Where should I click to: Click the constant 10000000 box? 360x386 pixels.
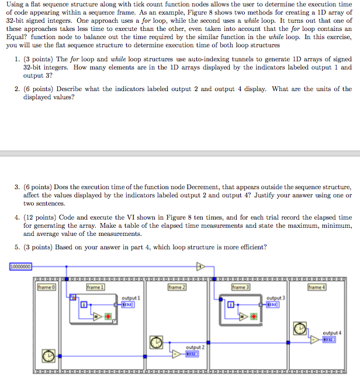20,267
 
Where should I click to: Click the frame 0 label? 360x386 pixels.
46,287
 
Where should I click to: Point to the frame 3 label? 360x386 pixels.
239,287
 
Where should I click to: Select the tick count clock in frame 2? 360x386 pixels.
157,342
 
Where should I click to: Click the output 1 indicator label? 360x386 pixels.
130,298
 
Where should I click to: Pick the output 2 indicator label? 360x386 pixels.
194,347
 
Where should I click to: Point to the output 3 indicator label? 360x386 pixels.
275,298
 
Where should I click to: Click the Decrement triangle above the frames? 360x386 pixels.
200,267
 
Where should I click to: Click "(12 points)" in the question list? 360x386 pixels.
39,217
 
